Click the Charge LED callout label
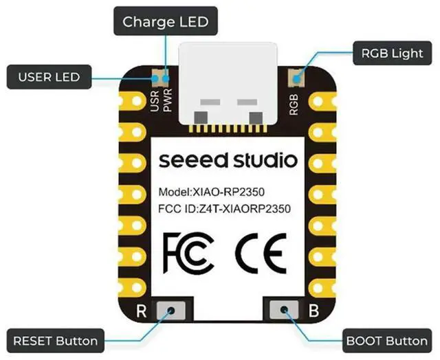165,21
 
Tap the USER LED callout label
49,76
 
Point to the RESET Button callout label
56,340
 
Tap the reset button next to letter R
170,311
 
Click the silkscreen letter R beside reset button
142,311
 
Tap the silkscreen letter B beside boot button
313,311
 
